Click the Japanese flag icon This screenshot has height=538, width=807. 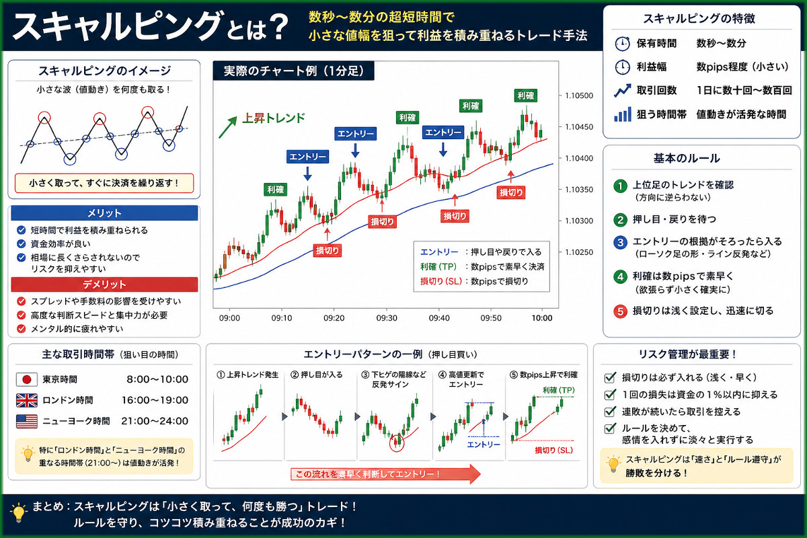tap(27, 379)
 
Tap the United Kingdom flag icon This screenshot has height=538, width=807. tap(27, 400)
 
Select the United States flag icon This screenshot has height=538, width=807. tap(27, 421)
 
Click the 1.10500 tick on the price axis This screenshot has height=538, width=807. tap(578, 95)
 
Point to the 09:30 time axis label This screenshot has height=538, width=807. tap(387, 318)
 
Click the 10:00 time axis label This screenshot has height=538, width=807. tap(542, 318)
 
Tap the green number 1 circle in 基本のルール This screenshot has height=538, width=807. tap(620, 186)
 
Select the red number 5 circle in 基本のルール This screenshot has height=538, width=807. tap(620, 311)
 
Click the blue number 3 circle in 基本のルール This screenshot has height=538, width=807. tap(620, 242)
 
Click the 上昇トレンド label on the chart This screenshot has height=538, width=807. tap(274, 118)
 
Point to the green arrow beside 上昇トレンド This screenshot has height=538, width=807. tap(228, 127)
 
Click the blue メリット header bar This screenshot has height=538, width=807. tap(104, 213)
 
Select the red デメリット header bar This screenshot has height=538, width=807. tap(104, 284)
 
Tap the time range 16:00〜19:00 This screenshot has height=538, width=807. tap(155, 400)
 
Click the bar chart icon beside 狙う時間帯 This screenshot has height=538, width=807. tap(623, 114)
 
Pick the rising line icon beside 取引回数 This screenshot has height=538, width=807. tap(623, 90)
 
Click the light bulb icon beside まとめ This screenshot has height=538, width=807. tap(18, 512)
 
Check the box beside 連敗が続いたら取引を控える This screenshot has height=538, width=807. tap(609, 412)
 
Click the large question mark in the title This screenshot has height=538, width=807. tap(274, 28)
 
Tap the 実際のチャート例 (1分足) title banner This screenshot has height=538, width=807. tap(294, 71)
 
